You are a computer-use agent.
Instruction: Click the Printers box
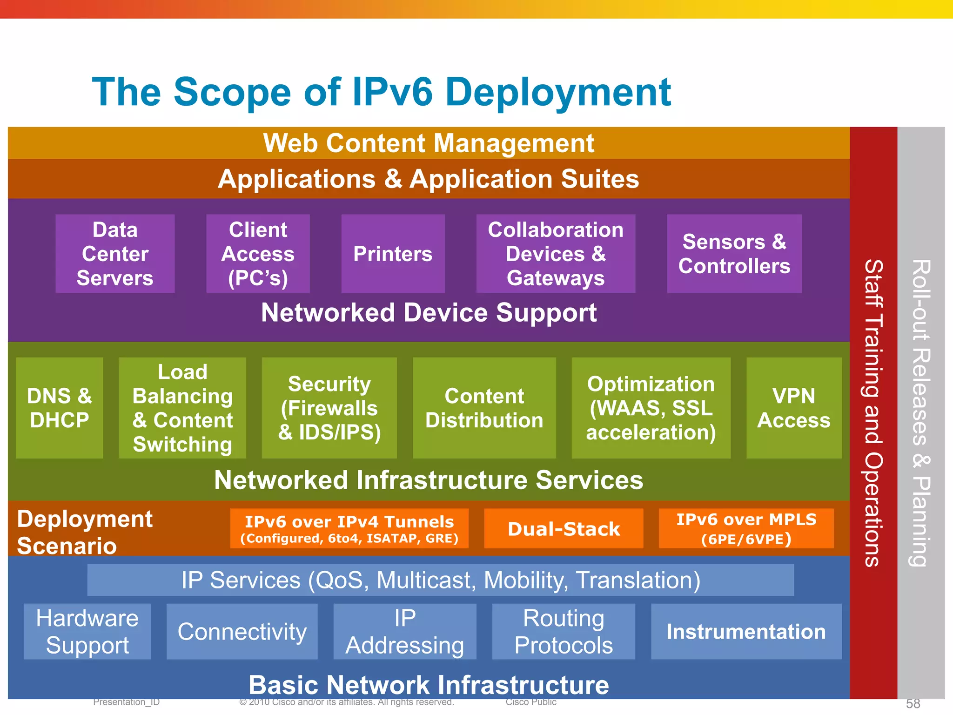[x=393, y=254]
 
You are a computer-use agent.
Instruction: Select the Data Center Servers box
[x=115, y=254]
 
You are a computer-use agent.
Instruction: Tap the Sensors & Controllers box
[x=734, y=254]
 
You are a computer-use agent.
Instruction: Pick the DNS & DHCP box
[x=59, y=408]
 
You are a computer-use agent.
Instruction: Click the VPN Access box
[x=793, y=408]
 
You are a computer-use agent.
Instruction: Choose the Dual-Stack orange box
[x=564, y=529]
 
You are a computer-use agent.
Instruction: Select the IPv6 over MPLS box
[x=746, y=529]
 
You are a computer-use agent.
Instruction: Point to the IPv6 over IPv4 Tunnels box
[x=349, y=529]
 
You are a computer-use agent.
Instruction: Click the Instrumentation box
[x=746, y=631]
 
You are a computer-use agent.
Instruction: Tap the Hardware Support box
[x=87, y=631]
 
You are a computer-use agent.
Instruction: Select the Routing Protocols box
[x=563, y=631]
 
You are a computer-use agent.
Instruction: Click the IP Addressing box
[x=404, y=631]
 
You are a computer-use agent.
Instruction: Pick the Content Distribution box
[x=484, y=408]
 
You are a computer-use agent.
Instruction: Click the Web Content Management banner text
[x=429, y=143]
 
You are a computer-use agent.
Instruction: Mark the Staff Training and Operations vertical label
[x=873, y=413]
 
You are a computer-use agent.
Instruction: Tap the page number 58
[x=913, y=703]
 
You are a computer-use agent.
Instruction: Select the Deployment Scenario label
[x=85, y=532]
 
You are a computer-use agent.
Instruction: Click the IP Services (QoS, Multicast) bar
[x=440, y=580]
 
